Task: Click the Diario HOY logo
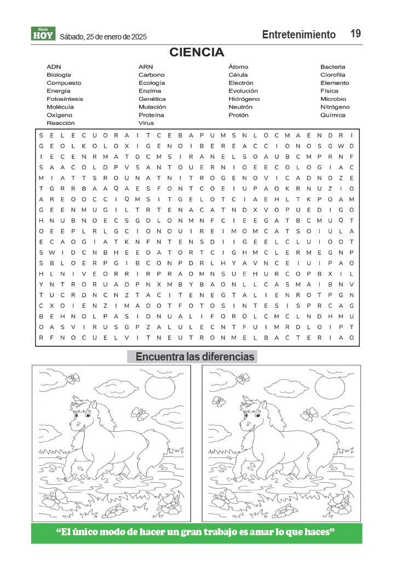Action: click(x=44, y=34)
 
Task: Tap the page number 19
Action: click(x=355, y=34)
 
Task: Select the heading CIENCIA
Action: click(x=197, y=53)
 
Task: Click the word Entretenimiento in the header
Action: click(x=299, y=35)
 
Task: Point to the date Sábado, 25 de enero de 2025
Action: click(x=104, y=37)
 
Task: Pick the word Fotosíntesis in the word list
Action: click(x=65, y=99)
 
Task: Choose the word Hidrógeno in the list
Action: click(x=244, y=99)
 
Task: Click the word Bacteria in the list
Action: click(x=332, y=67)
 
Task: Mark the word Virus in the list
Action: click(x=146, y=123)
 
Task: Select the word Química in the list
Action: click(x=332, y=115)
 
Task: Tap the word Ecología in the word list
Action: click(x=151, y=83)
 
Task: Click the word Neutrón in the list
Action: click(x=240, y=107)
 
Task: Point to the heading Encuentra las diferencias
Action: click(x=194, y=357)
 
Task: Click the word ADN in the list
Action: click(x=54, y=67)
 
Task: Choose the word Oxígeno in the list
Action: click(x=59, y=115)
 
